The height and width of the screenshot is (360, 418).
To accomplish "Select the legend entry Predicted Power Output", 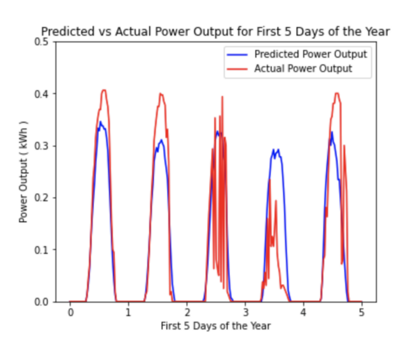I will click(x=310, y=54).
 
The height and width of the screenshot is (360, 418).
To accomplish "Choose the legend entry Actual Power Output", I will click(x=303, y=68).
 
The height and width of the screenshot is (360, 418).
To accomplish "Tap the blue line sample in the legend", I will click(x=237, y=54).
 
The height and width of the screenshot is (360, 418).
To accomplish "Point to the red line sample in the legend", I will click(x=237, y=68).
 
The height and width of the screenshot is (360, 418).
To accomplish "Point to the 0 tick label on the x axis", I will click(x=70, y=313).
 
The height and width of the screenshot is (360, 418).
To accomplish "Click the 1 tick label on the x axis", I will click(x=128, y=313).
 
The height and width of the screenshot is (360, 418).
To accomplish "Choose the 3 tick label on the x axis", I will click(x=245, y=313).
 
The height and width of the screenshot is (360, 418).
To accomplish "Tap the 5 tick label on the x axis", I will click(x=362, y=313).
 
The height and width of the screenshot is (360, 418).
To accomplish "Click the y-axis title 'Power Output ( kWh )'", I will click(x=24, y=171).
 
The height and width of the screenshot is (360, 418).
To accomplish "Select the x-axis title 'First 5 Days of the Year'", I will click(x=215, y=326).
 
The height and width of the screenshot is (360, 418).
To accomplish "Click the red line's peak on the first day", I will click(x=104, y=90).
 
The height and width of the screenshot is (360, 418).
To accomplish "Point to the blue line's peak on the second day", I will click(x=162, y=140).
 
